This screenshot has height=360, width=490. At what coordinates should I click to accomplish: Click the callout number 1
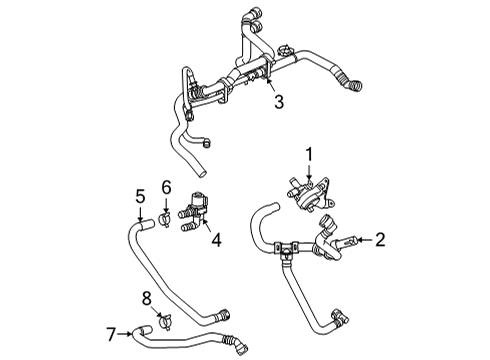click(x=310, y=154)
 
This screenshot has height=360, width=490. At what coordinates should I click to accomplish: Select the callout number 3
click(x=280, y=101)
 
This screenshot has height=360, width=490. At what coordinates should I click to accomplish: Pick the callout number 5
click(x=141, y=195)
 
